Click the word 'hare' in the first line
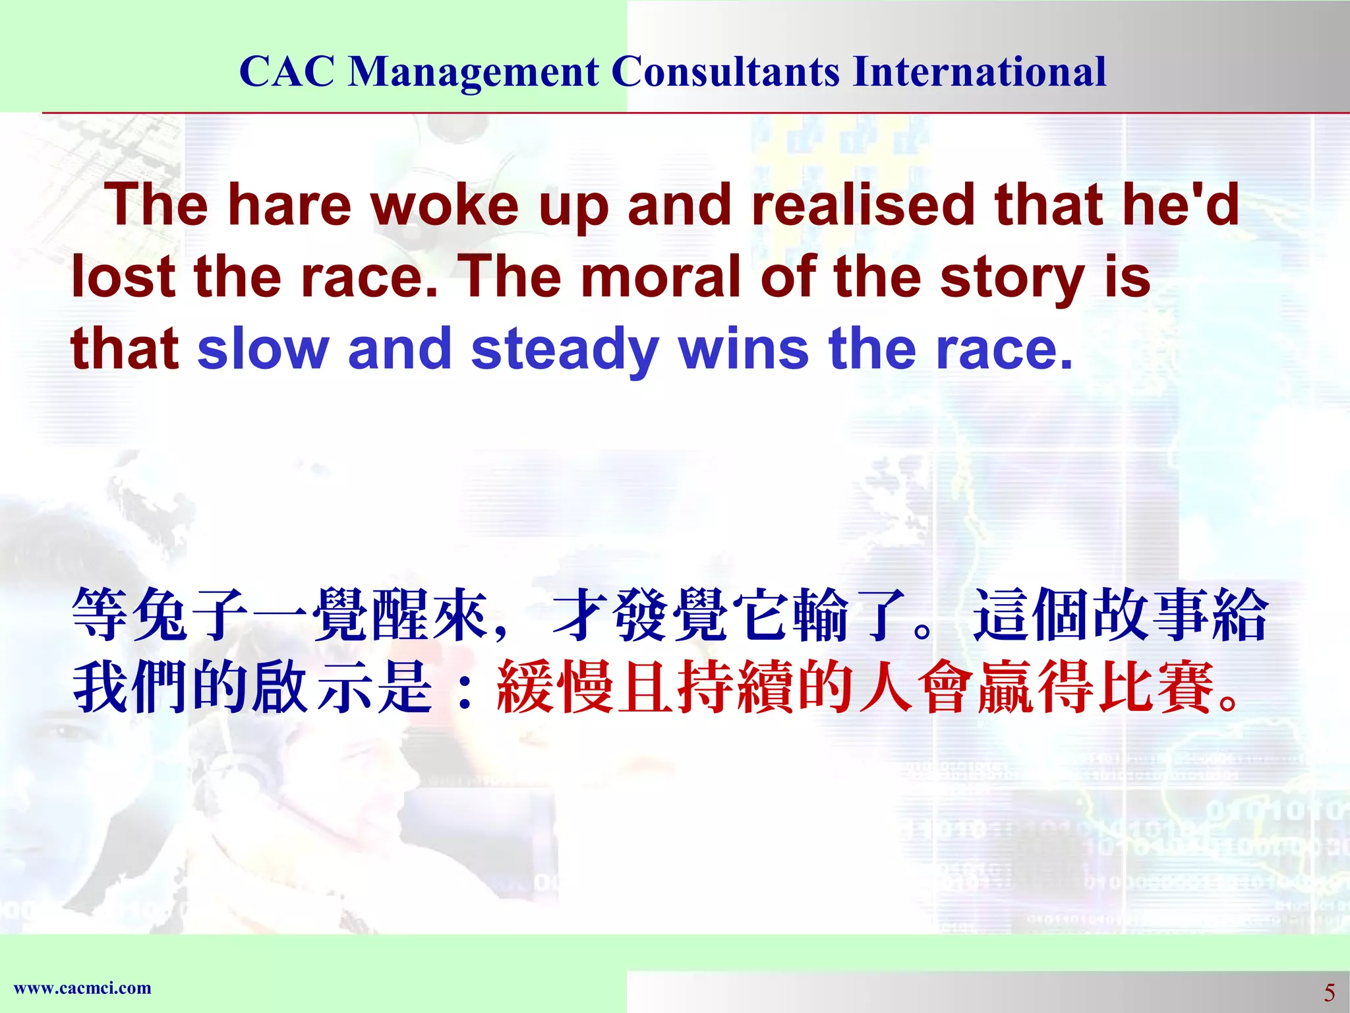[289, 205]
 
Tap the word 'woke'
[445, 205]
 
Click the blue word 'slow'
[263, 349]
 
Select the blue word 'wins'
[743, 349]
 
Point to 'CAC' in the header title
[287, 71]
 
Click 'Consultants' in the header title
[726, 71]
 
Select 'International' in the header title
[980, 71]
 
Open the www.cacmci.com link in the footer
[82, 988]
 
